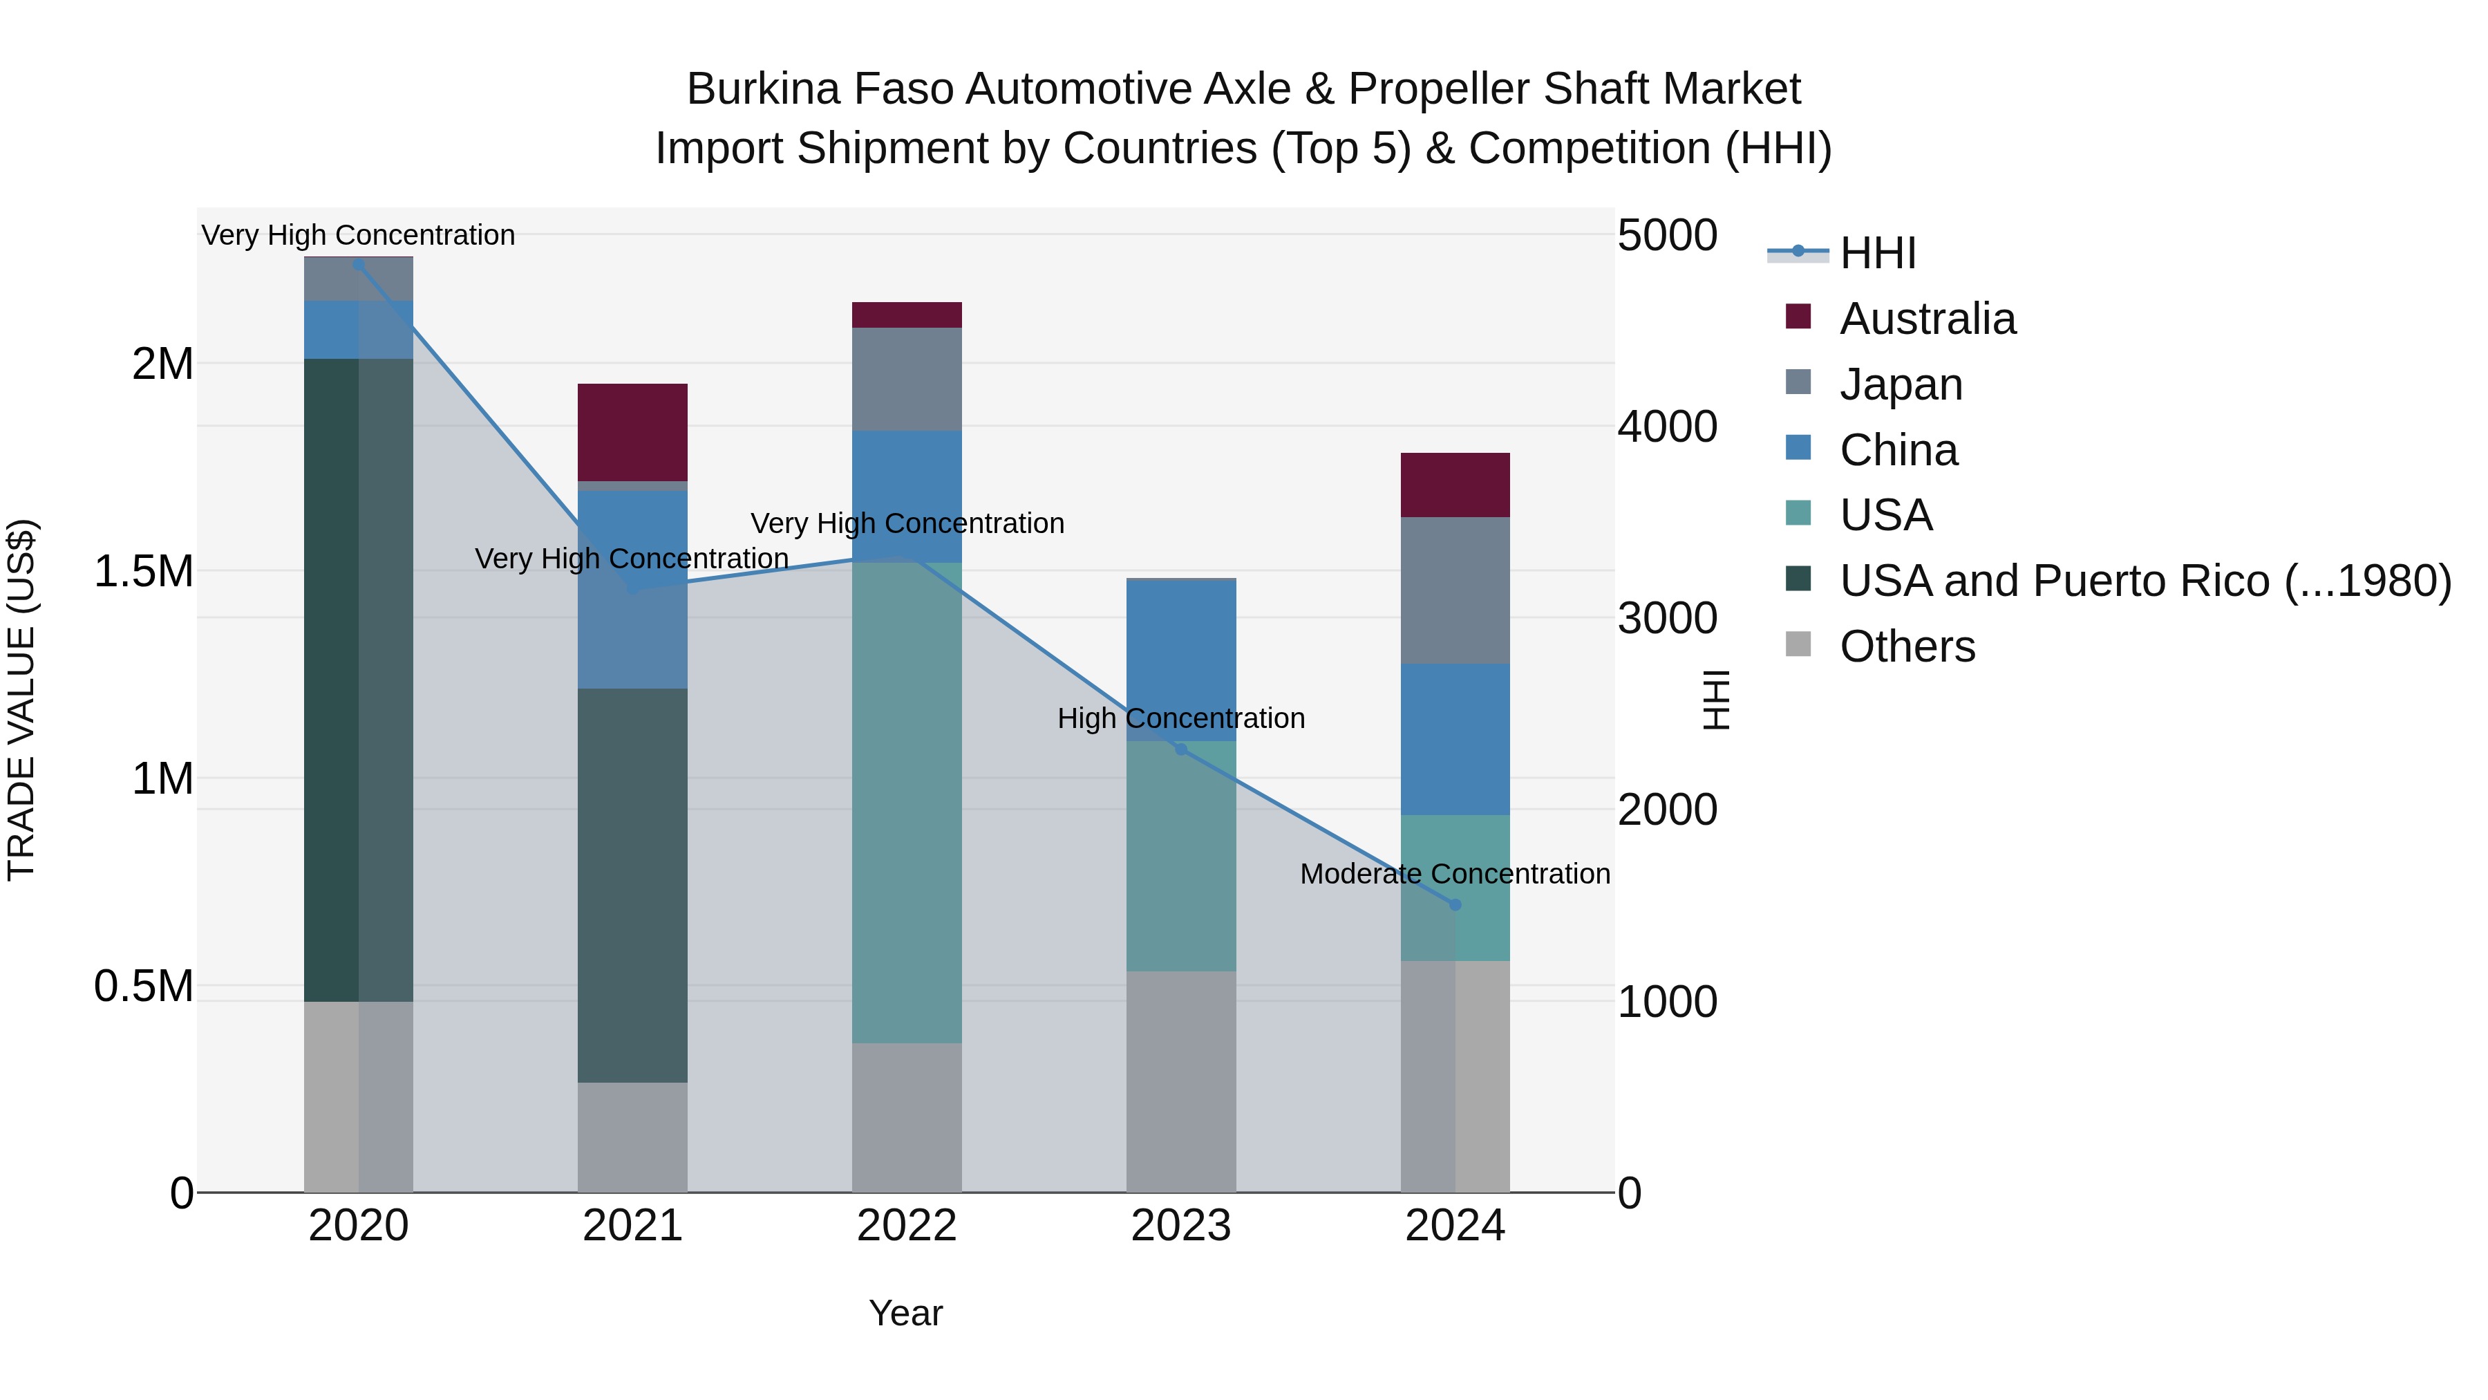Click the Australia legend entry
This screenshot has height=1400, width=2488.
click(1927, 319)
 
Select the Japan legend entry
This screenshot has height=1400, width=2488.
click(1901, 384)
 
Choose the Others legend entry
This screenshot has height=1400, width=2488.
click(1907, 646)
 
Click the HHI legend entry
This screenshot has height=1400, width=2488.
click(1876, 253)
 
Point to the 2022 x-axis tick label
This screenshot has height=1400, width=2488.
click(906, 1226)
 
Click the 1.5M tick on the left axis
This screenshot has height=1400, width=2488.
click(144, 571)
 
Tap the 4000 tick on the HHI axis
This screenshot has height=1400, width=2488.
click(1667, 427)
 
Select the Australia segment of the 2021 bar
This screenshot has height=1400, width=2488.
click(632, 432)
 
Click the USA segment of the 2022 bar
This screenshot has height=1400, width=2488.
click(906, 802)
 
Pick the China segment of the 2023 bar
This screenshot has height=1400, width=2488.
click(1180, 661)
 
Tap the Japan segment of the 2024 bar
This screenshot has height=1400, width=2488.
click(1455, 590)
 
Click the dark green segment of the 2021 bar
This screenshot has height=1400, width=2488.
click(632, 885)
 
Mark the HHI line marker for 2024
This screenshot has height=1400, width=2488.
click(1455, 905)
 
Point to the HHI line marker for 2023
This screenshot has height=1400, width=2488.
click(1180, 749)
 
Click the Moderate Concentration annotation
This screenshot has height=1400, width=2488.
click(1455, 873)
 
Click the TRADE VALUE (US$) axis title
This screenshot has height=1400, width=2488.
click(21, 700)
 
